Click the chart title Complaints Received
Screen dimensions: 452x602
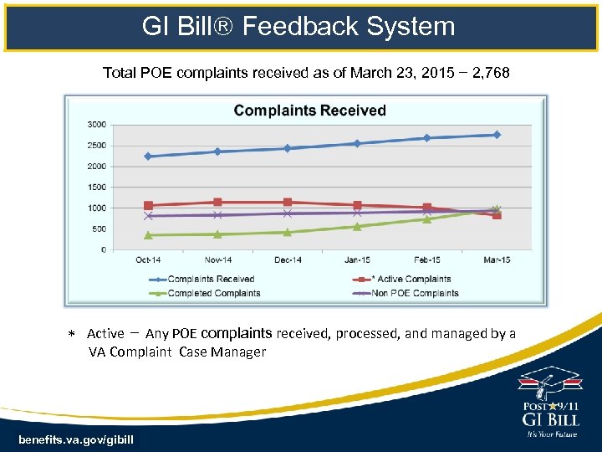click(309, 110)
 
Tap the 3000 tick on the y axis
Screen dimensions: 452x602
click(96, 125)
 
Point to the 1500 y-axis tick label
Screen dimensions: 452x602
click(96, 187)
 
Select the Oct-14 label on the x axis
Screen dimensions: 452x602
click(148, 260)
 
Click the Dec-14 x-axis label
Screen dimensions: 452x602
click(288, 260)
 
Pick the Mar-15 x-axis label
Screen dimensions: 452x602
click(497, 260)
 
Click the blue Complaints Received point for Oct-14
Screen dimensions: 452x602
click(148, 156)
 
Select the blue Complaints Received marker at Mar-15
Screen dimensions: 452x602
click(497, 135)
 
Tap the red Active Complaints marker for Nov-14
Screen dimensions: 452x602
click(217, 202)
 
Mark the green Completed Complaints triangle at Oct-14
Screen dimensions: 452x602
click(148, 235)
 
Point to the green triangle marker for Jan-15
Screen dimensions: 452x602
click(357, 226)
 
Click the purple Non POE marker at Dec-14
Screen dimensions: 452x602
click(288, 213)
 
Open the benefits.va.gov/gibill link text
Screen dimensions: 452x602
click(75, 439)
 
